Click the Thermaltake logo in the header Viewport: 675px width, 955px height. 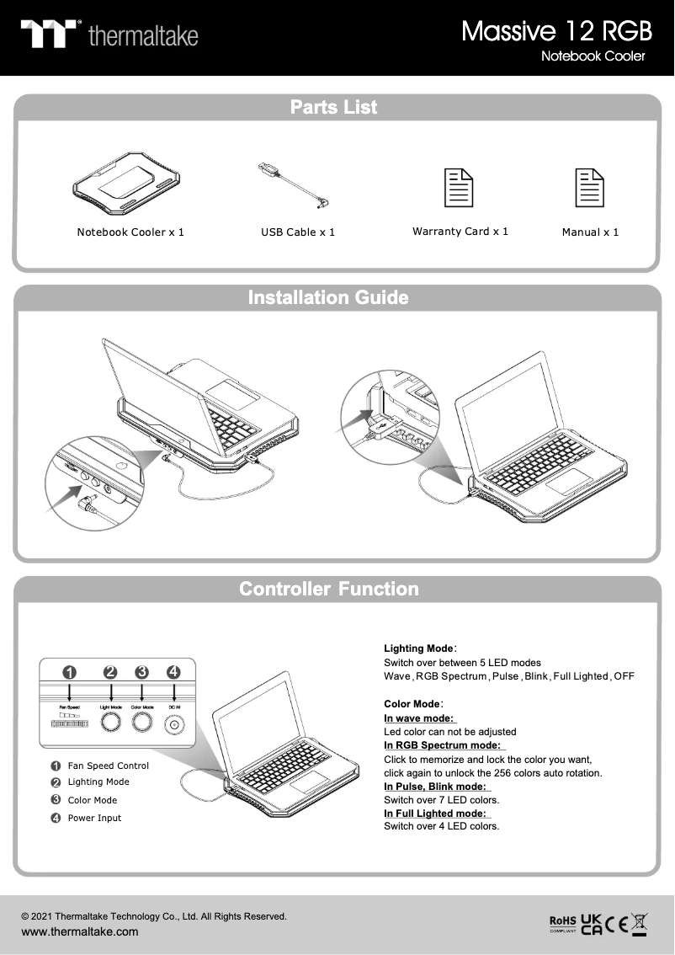tap(109, 35)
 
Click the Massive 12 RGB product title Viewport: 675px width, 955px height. tap(556, 32)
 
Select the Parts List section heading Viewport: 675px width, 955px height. tap(334, 107)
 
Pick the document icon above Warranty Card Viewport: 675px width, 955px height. tap(459, 187)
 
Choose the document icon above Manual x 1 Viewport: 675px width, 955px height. tap(589, 187)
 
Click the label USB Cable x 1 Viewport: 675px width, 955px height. tap(298, 232)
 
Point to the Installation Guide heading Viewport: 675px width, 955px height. tap(328, 297)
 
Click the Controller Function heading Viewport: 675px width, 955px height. tap(329, 589)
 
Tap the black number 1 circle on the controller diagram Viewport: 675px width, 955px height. tap(70, 672)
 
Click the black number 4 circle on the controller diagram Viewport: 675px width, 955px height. tap(173, 672)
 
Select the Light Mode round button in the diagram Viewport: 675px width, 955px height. tap(110, 723)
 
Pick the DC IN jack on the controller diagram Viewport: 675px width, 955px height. tap(174, 724)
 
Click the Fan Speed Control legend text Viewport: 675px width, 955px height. tap(108, 766)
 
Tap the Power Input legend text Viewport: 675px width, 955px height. tap(94, 818)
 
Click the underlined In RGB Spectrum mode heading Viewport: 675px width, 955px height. tap(443, 745)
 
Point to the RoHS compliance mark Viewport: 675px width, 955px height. tap(563, 923)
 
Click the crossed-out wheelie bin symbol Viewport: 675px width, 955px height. tap(640, 923)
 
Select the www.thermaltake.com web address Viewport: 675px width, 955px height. tap(79, 931)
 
